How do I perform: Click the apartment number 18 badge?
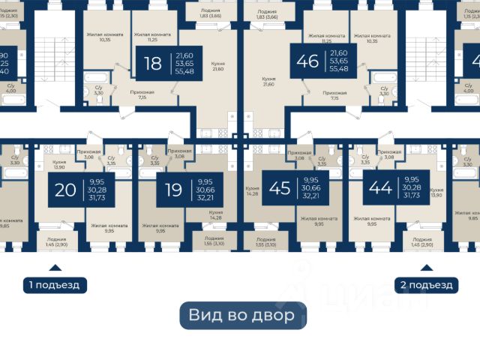coord(154,62)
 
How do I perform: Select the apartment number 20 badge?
coord(66,190)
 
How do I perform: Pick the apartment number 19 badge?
coord(174,190)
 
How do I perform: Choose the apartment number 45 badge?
coord(280,188)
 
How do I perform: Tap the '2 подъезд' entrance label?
coord(425,285)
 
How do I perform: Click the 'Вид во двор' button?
coord(242,315)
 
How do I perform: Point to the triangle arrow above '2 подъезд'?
coord(425,268)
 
